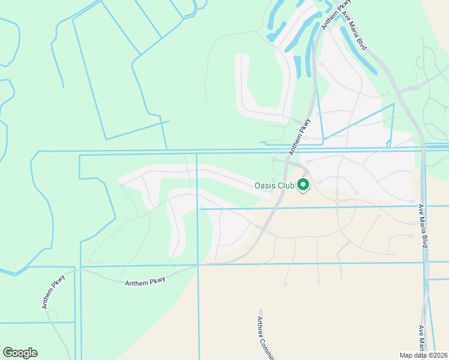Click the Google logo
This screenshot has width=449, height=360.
20,353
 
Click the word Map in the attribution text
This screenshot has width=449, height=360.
406,355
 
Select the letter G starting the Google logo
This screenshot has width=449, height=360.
8,353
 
